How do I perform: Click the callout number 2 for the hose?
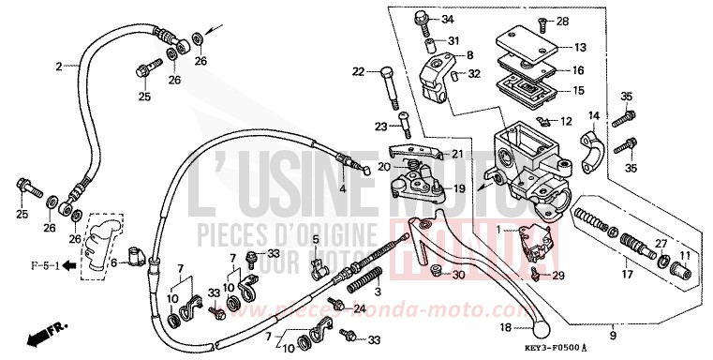coord(58,67)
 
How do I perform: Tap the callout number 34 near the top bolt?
coord(447,20)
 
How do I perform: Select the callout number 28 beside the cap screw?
coord(563,21)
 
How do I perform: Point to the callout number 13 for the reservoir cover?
coord(580,48)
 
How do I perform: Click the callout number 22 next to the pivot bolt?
coord(359,71)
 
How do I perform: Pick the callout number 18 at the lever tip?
coord(504,328)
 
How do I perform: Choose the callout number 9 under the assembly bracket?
coord(613,335)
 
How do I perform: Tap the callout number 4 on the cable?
coord(343,188)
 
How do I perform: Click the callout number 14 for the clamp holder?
coord(593,115)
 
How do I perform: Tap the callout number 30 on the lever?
coord(458,275)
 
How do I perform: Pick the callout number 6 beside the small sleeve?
coord(113,263)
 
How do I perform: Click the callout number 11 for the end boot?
coord(685,255)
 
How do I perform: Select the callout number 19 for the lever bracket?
coord(460,188)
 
